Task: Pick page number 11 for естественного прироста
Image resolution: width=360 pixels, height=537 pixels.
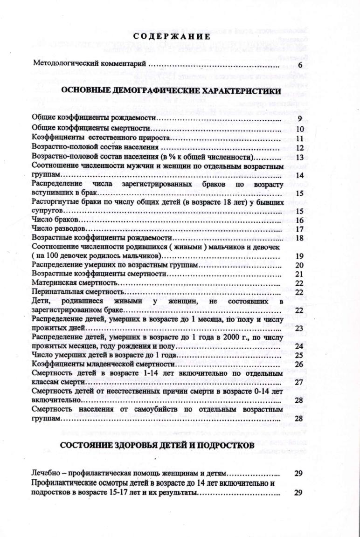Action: coord(300,138)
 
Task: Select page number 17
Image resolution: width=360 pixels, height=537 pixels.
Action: coord(300,229)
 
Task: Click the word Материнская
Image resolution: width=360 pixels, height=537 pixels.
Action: coord(51,283)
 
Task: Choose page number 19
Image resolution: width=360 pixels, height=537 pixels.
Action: coord(300,256)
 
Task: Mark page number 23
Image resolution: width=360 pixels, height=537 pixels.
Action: coord(300,328)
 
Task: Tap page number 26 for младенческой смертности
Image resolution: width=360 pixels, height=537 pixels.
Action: coord(300,364)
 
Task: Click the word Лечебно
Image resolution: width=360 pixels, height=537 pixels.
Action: coord(44,473)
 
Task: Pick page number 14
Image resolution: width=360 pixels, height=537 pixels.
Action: coord(300,175)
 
